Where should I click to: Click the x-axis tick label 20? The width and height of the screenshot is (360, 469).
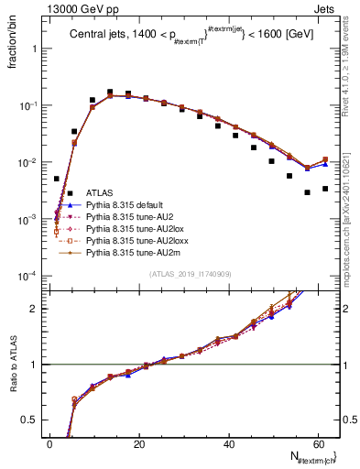coord(139,444)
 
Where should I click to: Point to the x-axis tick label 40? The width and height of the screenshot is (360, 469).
coord(229,444)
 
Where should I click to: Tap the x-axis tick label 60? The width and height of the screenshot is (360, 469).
coord(318,444)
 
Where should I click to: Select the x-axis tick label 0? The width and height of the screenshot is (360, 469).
coord(50,444)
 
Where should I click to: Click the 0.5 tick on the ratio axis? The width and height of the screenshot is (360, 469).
coord(33,420)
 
